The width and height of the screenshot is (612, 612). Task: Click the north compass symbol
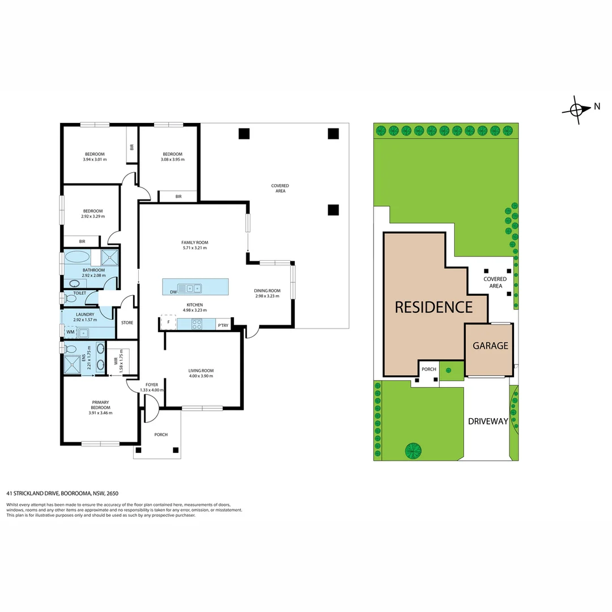click(577, 109)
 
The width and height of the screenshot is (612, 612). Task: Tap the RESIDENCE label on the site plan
click(433, 307)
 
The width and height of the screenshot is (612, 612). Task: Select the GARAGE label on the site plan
click(490, 346)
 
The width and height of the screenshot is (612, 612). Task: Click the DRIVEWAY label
click(487, 421)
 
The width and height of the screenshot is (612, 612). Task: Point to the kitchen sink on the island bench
click(189, 288)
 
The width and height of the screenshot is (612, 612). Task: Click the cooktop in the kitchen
click(197, 324)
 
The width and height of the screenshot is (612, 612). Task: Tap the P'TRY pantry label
click(223, 325)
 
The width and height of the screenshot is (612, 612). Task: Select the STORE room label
click(127, 323)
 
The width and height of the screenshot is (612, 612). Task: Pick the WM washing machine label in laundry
click(70, 332)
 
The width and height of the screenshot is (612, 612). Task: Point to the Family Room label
click(194, 243)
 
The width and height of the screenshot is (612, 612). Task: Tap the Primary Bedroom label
click(100, 405)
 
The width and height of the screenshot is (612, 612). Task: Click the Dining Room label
click(267, 291)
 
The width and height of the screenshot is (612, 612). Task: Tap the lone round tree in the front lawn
click(413, 450)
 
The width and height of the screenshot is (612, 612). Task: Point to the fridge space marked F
click(168, 322)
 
